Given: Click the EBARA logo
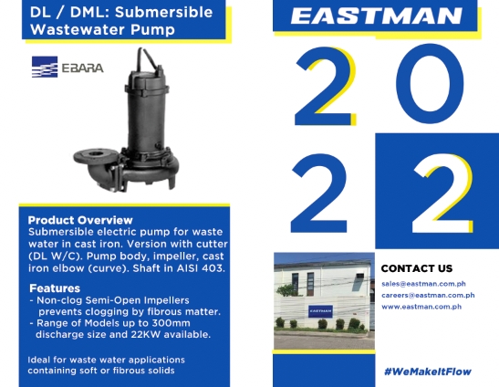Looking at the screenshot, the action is (x=68, y=67).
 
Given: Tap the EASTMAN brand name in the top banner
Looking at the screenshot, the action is (x=376, y=16).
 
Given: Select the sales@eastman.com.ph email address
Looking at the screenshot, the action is (x=423, y=284).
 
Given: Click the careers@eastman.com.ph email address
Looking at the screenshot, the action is (x=428, y=295).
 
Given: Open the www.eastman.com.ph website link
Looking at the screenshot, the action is (x=421, y=307).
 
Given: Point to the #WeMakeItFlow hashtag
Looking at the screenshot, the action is (x=428, y=371).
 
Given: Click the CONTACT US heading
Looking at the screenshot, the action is (x=417, y=268).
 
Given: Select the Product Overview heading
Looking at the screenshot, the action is (x=80, y=220).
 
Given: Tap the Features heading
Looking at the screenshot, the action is (x=55, y=288).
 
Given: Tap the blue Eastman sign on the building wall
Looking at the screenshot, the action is (x=320, y=311).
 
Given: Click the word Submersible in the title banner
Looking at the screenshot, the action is (x=163, y=13).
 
